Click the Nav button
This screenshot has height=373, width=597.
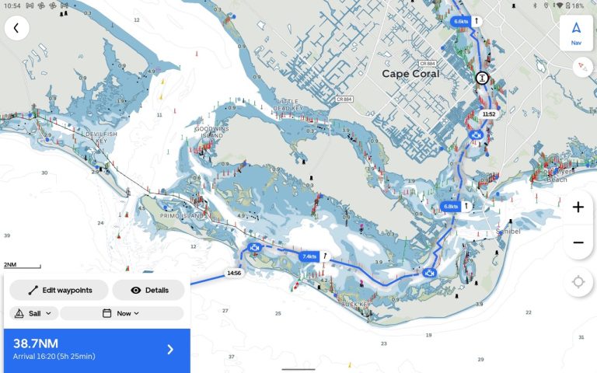point(576,33)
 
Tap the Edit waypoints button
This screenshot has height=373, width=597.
point(59,290)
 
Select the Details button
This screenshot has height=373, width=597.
point(148,290)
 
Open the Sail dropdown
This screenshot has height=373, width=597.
point(34,313)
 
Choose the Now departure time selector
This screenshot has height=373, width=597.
point(121,313)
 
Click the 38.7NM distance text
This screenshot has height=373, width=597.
point(36,343)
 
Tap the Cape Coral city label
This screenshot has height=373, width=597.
point(410,74)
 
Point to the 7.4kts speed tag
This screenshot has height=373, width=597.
point(309,256)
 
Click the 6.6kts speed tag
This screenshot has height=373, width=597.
point(462,22)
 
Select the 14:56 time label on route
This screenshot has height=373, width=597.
point(233,274)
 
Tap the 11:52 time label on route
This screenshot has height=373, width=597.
point(488,114)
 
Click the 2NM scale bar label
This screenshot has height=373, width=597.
point(11,265)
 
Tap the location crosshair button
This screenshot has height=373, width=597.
point(578,281)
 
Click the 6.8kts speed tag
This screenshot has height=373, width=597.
point(450,206)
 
